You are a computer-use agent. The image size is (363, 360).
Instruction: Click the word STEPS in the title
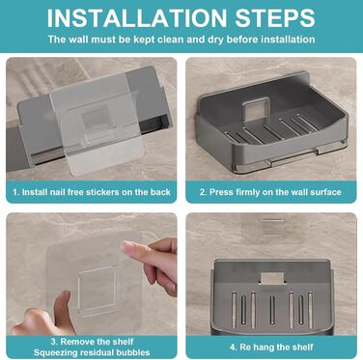coord(275,17)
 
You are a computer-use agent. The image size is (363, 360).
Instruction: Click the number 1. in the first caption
coord(16,192)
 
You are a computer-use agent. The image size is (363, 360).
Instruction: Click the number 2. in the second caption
coord(203,192)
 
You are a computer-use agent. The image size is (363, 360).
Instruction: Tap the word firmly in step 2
coord(247,192)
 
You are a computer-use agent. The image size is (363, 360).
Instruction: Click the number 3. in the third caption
coord(54,342)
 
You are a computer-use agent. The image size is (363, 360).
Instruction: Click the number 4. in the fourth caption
coord(234,347)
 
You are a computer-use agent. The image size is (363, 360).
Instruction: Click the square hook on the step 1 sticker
coord(96,121)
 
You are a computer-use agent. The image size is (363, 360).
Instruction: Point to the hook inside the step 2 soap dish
coord(256,109)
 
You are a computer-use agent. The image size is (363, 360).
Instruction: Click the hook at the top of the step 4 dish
coord(272,279)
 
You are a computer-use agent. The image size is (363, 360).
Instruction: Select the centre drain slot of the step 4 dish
coord(272,310)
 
